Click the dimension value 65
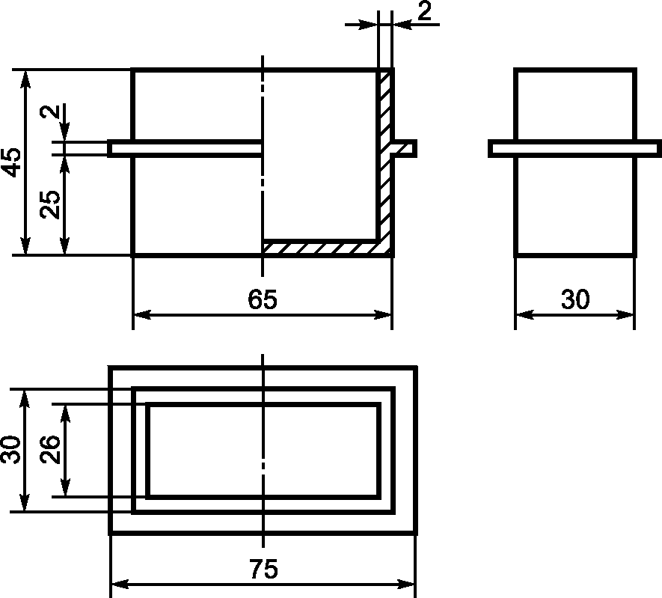(263, 299)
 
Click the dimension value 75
(263, 569)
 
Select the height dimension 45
(11, 162)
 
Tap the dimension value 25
(50, 204)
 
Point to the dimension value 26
(50, 449)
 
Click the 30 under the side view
(575, 299)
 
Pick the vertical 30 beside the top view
(11, 449)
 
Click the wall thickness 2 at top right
(425, 11)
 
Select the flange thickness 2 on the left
(50, 111)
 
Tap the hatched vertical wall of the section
(384, 160)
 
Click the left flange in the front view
(185, 148)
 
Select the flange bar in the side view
(575, 148)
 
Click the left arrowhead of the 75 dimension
(120, 585)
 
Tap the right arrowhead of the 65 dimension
(383, 314)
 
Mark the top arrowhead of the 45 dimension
(25, 79)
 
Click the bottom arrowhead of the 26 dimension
(64, 487)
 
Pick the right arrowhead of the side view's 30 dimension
(625, 314)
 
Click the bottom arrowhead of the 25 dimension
(64, 245)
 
